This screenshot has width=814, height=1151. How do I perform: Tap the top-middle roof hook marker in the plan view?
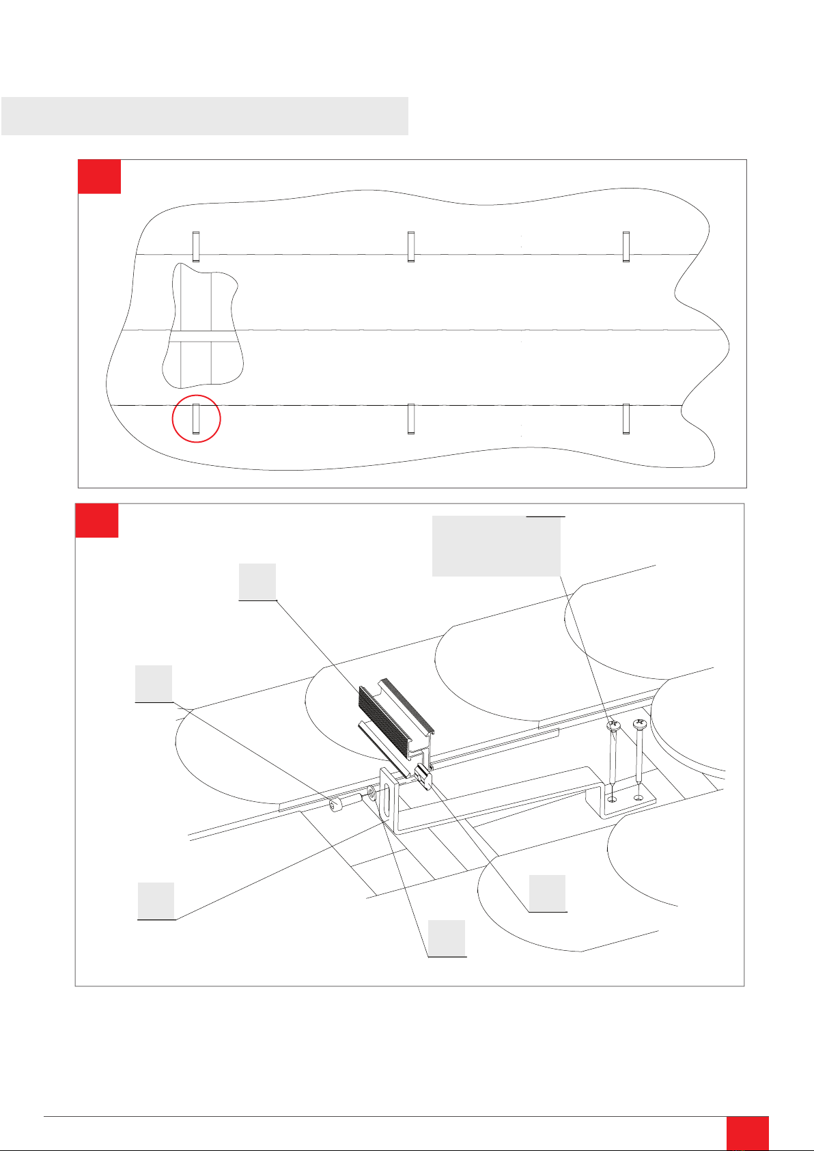coord(411,247)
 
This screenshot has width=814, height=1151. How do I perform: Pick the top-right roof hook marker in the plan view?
coord(626,247)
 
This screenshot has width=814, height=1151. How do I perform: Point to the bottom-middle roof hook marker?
coord(411,419)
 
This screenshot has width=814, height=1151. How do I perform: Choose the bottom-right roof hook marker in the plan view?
coord(626,419)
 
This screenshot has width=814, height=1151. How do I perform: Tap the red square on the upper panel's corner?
coord(100,177)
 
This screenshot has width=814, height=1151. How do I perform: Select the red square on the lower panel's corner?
coord(97,521)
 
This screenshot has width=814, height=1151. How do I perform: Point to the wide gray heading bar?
coord(205,115)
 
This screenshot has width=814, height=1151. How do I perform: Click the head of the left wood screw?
coord(613,725)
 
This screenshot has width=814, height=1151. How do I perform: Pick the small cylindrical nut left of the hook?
coord(335,807)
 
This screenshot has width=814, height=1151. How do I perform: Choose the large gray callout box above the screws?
coord(496,546)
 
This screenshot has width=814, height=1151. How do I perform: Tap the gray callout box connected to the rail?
coord(257,581)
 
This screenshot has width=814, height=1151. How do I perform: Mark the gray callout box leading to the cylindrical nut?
coord(153,683)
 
